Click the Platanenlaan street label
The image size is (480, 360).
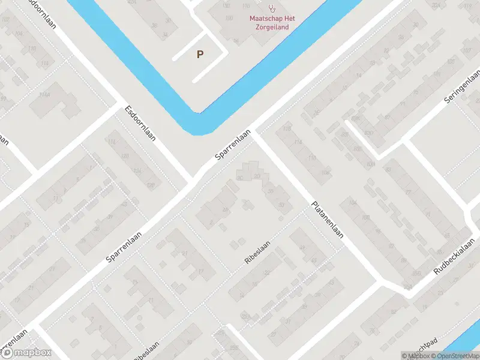point(327,220)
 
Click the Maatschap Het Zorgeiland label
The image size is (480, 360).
point(273,22)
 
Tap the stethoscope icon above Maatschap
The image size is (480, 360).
point(273,8)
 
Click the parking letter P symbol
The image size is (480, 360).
point(200,55)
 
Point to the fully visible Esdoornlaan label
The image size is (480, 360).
point(140,123)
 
